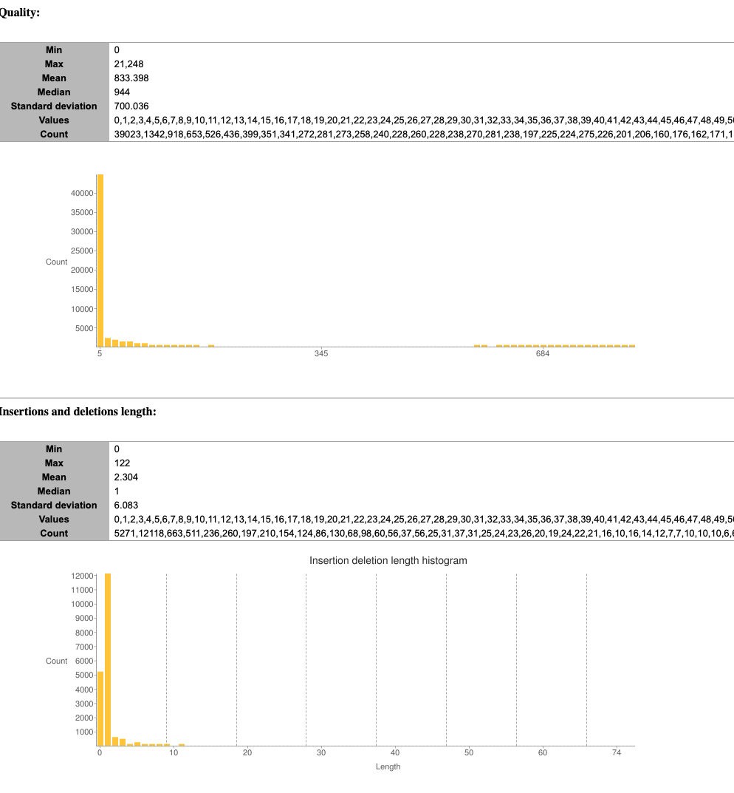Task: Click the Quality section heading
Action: [x=19, y=13]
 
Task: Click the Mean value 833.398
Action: [x=131, y=78]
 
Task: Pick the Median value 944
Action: [x=122, y=92]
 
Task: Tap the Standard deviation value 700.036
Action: [x=131, y=106]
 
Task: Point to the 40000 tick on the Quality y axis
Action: [x=81, y=193]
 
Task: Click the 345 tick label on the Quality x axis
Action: [x=321, y=355]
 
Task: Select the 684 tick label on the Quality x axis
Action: [x=543, y=355]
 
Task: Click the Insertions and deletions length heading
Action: [x=78, y=412]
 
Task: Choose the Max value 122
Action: [x=122, y=463]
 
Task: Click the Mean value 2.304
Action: [x=126, y=477]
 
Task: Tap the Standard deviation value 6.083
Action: [x=126, y=505]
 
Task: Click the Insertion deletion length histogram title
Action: [x=388, y=560]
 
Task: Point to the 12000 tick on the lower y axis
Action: [x=83, y=575]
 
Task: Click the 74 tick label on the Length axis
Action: [x=617, y=752]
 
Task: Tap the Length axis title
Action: [x=388, y=766]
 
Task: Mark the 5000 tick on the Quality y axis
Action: [x=83, y=327]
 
